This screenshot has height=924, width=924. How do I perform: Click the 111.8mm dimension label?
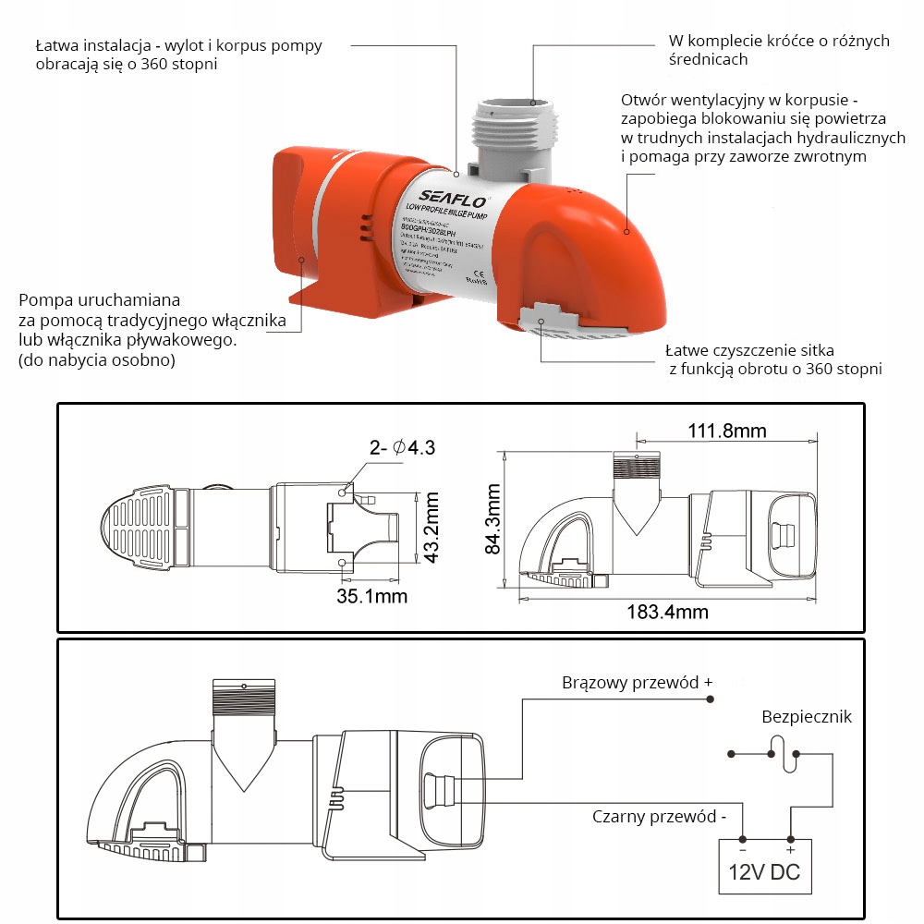point(726,431)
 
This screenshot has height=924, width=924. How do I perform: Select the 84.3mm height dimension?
point(492,521)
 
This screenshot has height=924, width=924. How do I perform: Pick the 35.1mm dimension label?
point(371,595)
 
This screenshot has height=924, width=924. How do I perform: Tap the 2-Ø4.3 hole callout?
point(402,448)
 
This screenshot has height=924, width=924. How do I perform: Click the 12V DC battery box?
point(766,866)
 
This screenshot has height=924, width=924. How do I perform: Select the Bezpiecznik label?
point(807,717)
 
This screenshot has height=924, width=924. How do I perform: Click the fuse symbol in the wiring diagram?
point(784,753)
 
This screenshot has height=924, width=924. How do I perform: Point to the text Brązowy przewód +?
point(638,683)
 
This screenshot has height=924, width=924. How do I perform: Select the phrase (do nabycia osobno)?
point(95,360)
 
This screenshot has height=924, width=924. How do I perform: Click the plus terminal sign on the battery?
point(790,848)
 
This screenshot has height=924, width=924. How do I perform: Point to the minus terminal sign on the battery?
point(742,848)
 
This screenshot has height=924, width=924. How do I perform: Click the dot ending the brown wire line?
point(710,699)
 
